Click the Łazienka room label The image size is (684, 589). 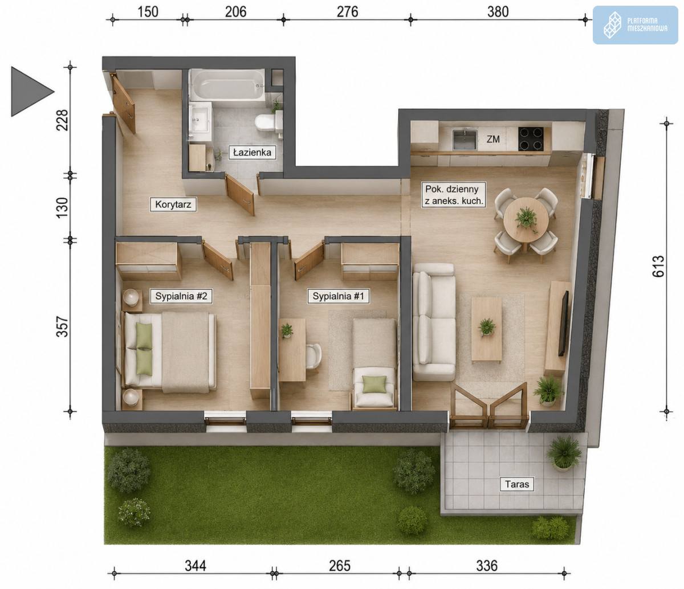(253, 153)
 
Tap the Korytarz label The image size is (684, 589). (173, 204)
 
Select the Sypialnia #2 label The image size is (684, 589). (181, 296)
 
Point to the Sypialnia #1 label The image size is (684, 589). (338, 296)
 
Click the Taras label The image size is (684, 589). (517, 484)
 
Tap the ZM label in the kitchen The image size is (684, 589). (493, 139)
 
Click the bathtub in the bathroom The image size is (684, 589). (227, 84)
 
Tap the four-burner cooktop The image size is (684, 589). (531, 139)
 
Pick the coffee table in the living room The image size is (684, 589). (486, 329)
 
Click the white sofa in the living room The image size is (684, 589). (434, 322)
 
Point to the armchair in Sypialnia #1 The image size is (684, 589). (374, 387)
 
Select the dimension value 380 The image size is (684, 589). (498, 12)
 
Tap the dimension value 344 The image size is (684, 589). (196, 566)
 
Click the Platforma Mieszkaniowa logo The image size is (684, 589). (635, 25)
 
